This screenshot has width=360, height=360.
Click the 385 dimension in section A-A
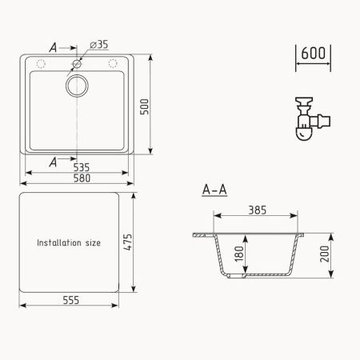tap(258, 210)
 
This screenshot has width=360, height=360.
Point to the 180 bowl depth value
tap(238, 256)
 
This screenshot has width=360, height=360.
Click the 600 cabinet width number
tap(313, 54)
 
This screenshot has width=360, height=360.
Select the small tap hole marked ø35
tap(77, 62)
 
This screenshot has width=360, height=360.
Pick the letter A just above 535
tap(54, 161)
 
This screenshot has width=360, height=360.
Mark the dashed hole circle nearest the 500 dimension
tap(112, 63)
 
